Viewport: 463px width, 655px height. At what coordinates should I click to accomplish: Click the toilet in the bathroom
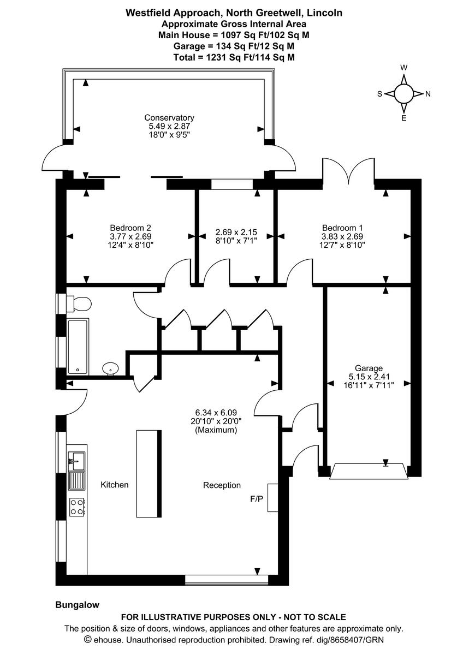(x=80, y=304)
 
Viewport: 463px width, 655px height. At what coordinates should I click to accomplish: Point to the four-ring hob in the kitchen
(x=77, y=507)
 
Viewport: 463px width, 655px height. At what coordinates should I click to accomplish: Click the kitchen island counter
(x=148, y=473)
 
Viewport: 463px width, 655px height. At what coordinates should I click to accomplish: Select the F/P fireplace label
(x=256, y=498)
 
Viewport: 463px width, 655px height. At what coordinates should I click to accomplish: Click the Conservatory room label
(x=169, y=117)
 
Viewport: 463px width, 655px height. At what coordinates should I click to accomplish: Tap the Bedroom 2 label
(x=130, y=228)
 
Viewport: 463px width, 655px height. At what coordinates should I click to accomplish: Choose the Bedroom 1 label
(x=342, y=228)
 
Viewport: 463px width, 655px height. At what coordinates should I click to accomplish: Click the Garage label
(x=369, y=368)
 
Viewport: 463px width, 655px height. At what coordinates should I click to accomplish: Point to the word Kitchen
(x=115, y=485)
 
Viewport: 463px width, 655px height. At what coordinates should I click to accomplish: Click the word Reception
(x=222, y=485)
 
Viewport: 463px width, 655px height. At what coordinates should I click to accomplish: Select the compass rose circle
(x=404, y=93)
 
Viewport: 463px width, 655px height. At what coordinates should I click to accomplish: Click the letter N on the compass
(x=428, y=94)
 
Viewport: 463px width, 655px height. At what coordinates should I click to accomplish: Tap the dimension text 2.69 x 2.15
(x=236, y=232)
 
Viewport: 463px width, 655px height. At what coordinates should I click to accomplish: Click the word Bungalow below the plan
(x=77, y=605)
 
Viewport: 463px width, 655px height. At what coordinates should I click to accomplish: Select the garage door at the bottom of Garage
(x=369, y=471)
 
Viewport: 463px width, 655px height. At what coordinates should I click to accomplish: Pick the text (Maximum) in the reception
(x=216, y=430)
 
